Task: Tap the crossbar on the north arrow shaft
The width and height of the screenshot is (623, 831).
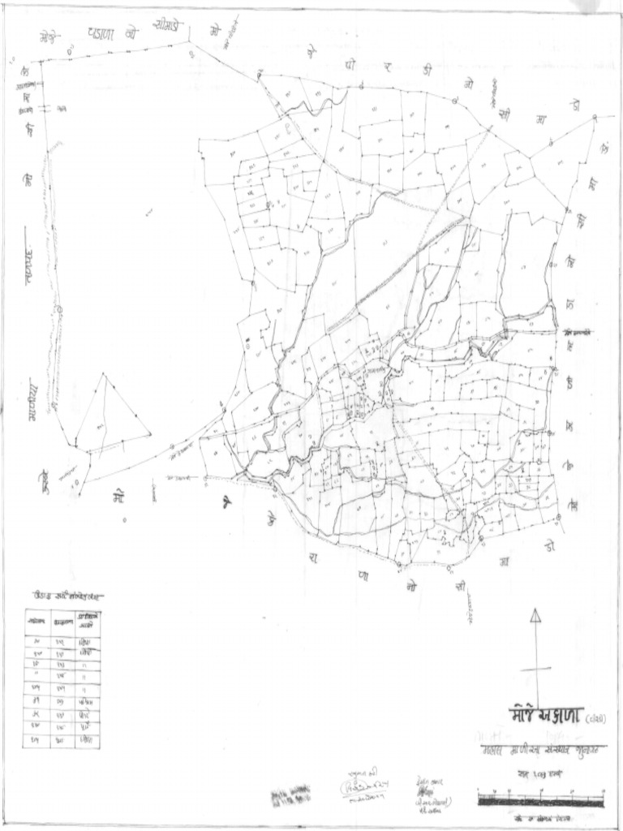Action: (535, 670)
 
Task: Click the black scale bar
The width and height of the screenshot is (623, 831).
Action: (540, 799)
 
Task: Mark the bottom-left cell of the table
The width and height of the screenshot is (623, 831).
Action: (37, 740)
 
